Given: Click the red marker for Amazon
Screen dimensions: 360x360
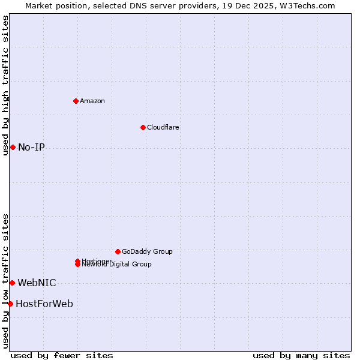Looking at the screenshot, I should click(x=76, y=101).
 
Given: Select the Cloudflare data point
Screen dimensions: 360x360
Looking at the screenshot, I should click(x=143, y=127).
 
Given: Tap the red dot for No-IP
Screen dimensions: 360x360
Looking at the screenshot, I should click(x=13, y=147).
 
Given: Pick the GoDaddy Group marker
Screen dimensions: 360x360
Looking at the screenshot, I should click(x=118, y=251).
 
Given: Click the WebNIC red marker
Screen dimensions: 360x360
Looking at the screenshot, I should click(x=12, y=283).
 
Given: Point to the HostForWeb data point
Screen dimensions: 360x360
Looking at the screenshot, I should click(x=10, y=304).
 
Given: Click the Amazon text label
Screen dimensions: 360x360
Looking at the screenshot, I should click(x=92, y=101).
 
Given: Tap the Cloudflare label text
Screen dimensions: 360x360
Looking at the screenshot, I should click(x=163, y=127).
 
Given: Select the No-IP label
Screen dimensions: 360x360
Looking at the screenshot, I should click(x=31, y=147).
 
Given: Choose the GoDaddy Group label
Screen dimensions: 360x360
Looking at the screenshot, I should click(x=147, y=251).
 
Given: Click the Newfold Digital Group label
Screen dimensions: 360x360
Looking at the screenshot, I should click(x=116, y=264).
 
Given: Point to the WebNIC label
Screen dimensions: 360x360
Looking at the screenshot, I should click(x=37, y=283).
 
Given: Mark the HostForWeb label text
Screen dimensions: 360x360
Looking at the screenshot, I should click(x=44, y=304).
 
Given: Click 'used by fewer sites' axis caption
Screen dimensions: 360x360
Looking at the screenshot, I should click(x=62, y=355).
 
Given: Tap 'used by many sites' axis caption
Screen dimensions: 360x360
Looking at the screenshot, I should click(x=301, y=355).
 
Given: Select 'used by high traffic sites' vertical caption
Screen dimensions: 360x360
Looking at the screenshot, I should click(x=5, y=85).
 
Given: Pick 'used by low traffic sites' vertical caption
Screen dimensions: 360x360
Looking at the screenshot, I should click(x=5, y=281).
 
